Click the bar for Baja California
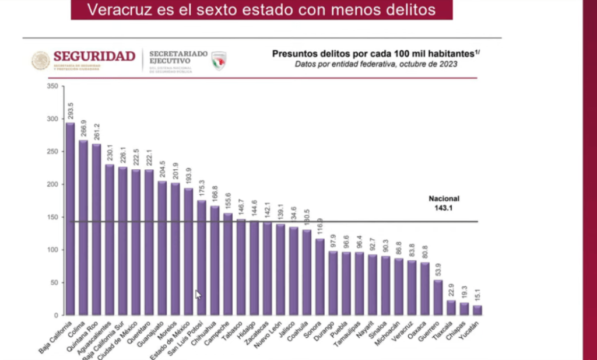pyautogui.click(x=70, y=219)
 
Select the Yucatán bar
pyautogui.click(x=477, y=310)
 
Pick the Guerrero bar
pyautogui.click(x=438, y=297)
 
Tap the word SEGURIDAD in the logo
pyautogui.click(x=94, y=56)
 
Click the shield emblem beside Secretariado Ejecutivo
pyautogui.click(x=219, y=61)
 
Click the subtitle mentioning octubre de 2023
pyautogui.click(x=375, y=65)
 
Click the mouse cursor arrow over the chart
pyautogui.click(x=198, y=294)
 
